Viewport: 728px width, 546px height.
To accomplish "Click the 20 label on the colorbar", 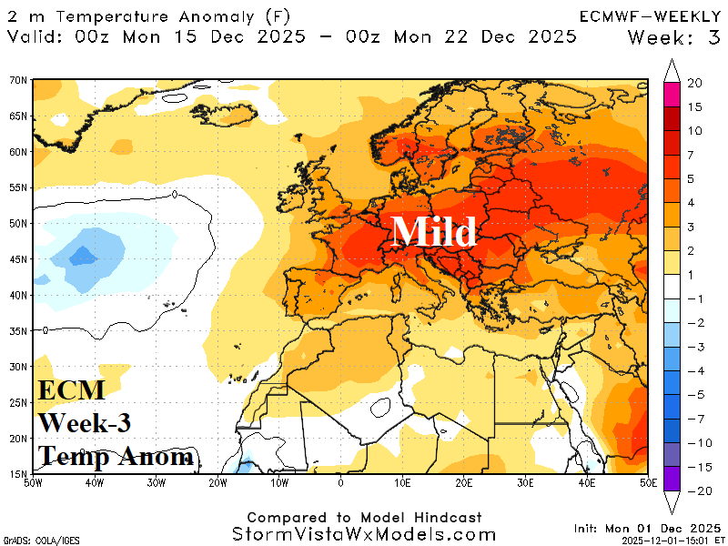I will pyautogui.click(x=694, y=83).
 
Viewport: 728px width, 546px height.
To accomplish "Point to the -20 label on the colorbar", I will pyautogui.click(x=694, y=490).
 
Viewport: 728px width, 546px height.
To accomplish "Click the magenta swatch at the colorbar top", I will pyautogui.click(x=672, y=94).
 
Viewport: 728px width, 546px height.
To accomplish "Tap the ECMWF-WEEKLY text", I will pyautogui.click(x=650, y=15).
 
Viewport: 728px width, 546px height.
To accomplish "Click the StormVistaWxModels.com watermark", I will pyautogui.click(x=364, y=534).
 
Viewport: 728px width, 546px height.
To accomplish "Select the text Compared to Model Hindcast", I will pyautogui.click(x=364, y=516).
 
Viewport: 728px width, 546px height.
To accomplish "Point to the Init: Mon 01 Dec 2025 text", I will pyautogui.click(x=647, y=528).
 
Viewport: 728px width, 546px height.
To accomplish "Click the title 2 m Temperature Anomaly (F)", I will pyautogui.click(x=136, y=15).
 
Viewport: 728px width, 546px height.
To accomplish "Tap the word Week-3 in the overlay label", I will pyautogui.click(x=84, y=423).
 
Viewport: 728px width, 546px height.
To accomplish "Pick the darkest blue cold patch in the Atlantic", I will pyautogui.click(x=83, y=256).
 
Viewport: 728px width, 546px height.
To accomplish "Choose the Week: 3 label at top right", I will pyautogui.click(x=674, y=36).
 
